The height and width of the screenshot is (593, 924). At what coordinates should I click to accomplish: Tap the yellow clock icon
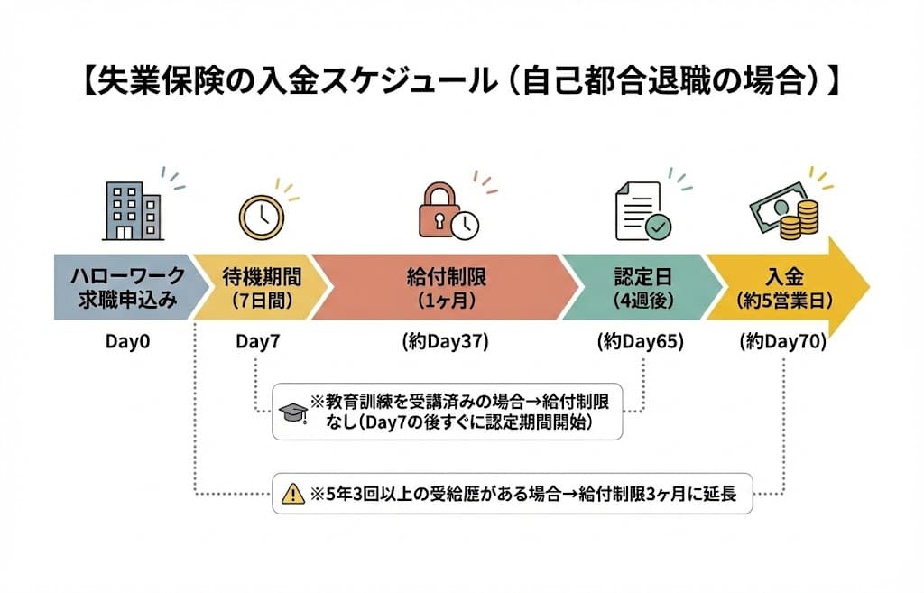click(262, 218)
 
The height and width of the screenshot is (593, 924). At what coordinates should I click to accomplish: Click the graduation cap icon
click(292, 412)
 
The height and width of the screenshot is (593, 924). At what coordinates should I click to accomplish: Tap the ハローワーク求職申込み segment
click(122, 287)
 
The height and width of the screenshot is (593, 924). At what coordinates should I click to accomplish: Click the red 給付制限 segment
click(447, 287)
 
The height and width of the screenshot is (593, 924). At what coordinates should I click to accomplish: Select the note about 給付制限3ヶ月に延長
click(522, 493)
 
